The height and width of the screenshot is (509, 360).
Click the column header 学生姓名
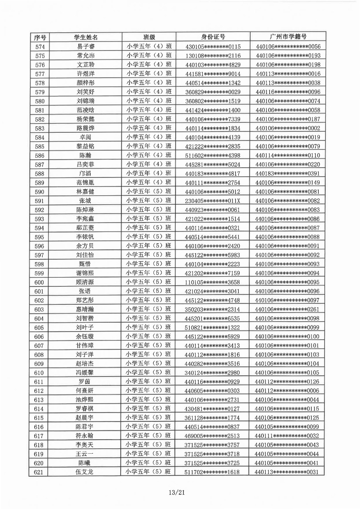pos(86,37)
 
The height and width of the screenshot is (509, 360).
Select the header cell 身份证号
pos(213,37)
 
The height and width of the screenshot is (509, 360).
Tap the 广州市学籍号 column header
pos(288,37)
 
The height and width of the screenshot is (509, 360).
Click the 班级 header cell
pos(149,37)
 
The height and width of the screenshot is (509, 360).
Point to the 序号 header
pos(40,38)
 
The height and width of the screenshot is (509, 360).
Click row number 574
pos(40,47)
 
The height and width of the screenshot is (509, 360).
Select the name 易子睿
pos(86,47)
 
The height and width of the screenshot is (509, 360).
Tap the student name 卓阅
pos(86,137)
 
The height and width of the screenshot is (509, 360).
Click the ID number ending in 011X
pos(213,201)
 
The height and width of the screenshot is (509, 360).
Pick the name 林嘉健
pos(85,192)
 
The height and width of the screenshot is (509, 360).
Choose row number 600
pos(39,282)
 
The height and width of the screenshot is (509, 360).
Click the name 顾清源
pos(85,282)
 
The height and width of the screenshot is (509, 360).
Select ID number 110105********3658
pos(212,282)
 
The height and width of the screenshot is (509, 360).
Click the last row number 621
pos(39,472)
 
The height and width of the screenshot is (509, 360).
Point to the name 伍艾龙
pos(84,472)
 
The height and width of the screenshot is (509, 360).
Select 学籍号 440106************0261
pos(287,309)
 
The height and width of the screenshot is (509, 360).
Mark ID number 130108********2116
pos(213,56)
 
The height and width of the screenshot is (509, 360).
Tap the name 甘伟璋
pos(85,345)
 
